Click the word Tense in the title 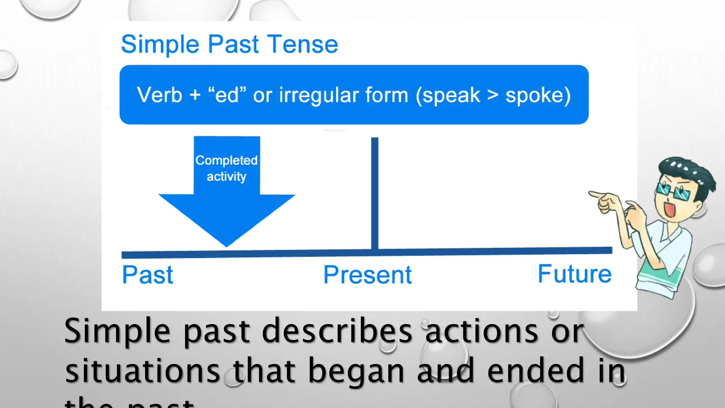coord(302,45)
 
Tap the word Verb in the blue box coord(159,95)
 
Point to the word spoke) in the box coord(538,95)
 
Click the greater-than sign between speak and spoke coord(492,95)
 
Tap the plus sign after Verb coord(195,96)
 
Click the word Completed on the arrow coord(227,160)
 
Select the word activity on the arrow coord(227,176)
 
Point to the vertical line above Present coord(375,191)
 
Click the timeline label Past coord(147,275)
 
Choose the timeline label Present coord(367,275)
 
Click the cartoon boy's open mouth coord(669,209)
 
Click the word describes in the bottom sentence coord(337,331)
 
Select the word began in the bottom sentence coord(356,371)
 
